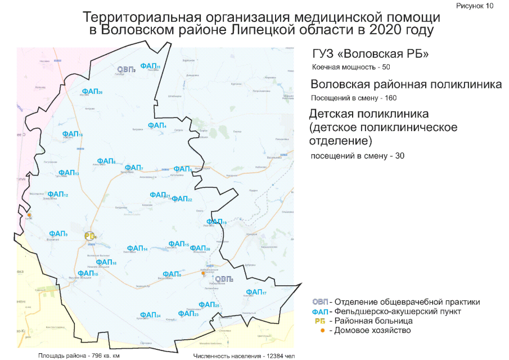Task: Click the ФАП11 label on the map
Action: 150,66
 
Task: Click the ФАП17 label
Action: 256,292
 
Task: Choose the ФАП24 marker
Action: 150,315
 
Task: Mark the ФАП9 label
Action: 58,234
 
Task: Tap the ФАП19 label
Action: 217,222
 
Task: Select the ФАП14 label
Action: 137,249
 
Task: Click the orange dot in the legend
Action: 322,330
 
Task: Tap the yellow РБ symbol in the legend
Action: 321,321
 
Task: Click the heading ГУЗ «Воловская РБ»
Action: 371,55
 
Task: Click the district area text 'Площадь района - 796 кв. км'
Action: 79,355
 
